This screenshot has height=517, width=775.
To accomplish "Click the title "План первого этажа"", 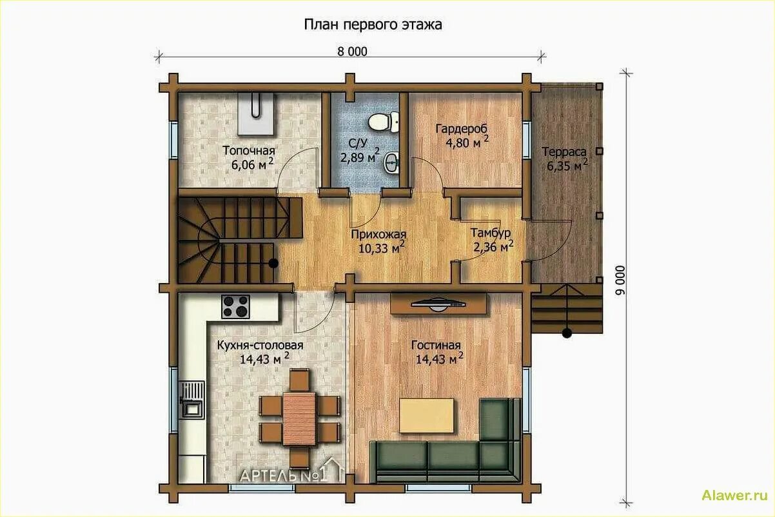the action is coord(373,25).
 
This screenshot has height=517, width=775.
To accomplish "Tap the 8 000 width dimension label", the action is coord(352,52).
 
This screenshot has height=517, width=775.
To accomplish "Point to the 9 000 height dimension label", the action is coord(621,280).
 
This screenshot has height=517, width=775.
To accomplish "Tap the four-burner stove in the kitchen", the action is coord(235,306).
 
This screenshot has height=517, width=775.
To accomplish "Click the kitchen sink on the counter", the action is coord(191,400).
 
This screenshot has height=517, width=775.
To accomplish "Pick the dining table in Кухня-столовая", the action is coord(299,419).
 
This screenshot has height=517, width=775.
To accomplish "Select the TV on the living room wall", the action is coord(438,304).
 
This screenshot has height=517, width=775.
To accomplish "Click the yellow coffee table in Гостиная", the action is coord(426,416).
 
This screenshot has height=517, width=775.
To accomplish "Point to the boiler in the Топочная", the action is coord(256,113).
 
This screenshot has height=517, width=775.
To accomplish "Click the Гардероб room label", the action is coord(462,128).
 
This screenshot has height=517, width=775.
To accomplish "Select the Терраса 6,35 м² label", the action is coord(565,159).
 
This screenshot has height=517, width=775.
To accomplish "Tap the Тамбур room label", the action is coord(490,233).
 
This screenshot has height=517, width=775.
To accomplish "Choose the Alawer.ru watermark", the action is coord(734,496).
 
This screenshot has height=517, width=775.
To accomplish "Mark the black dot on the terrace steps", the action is coord(567,334).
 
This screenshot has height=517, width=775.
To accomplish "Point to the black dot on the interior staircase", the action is coord(273,263).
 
